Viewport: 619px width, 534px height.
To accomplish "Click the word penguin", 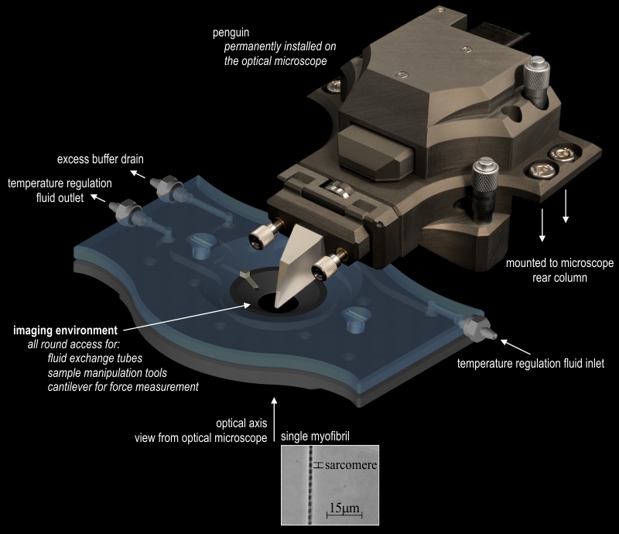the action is pyautogui.click(x=231, y=33).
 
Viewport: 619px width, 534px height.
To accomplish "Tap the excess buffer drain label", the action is pyautogui.click(x=101, y=159).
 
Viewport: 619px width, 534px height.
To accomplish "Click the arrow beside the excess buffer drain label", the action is pyautogui.click(x=138, y=174).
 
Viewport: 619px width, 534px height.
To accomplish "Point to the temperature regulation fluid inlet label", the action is pyautogui.click(x=531, y=364).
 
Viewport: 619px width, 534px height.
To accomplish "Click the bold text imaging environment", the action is pyautogui.click(x=66, y=330).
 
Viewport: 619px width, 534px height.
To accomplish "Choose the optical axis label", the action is pyautogui.click(x=241, y=423).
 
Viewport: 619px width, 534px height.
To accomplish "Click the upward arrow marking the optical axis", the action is pyautogui.click(x=275, y=419).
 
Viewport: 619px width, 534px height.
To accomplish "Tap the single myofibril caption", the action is pyautogui.click(x=315, y=436).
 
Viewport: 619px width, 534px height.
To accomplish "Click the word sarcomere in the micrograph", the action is pyautogui.click(x=351, y=465).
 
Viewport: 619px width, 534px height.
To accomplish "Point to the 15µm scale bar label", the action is pyautogui.click(x=344, y=508).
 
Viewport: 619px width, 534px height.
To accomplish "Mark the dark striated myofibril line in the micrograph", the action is pyautogui.click(x=311, y=485).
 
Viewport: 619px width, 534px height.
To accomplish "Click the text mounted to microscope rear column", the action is pyautogui.click(x=559, y=270).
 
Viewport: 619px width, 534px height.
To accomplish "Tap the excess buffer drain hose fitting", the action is pyautogui.click(x=165, y=186).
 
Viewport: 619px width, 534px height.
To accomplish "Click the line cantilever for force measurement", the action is pyautogui.click(x=123, y=387).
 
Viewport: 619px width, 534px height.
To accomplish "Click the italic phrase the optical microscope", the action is pyautogui.click(x=275, y=61).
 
